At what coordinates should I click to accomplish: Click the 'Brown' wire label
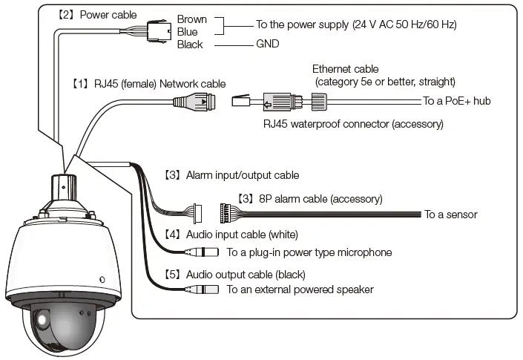click(192, 19)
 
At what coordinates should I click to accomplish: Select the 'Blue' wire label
click(188, 32)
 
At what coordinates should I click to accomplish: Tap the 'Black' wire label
click(190, 45)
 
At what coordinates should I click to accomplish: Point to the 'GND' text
click(268, 45)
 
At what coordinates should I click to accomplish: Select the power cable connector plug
click(158, 31)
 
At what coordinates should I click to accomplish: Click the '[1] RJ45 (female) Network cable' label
click(148, 84)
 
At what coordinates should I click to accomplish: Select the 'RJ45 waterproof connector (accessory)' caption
click(353, 124)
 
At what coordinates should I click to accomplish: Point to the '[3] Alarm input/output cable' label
click(231, 176)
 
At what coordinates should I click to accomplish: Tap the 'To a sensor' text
click(450, 215)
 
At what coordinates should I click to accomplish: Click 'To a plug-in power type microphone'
click(309, 252)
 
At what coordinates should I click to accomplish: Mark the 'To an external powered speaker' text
click(300, 289)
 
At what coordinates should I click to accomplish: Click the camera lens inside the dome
click(42, 321)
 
